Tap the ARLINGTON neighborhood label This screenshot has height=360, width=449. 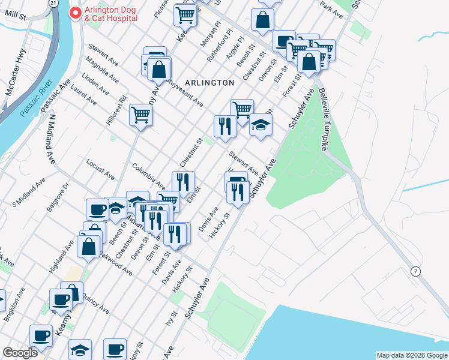(x=209, y=82)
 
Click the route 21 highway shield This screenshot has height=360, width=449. (x=53, y=4)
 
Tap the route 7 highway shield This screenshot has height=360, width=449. (x=415, y=272)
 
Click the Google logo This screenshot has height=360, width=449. (x=20, y=353)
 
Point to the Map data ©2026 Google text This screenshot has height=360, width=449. (x=411, y=355)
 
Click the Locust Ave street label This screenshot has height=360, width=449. (x=100, y=170)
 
